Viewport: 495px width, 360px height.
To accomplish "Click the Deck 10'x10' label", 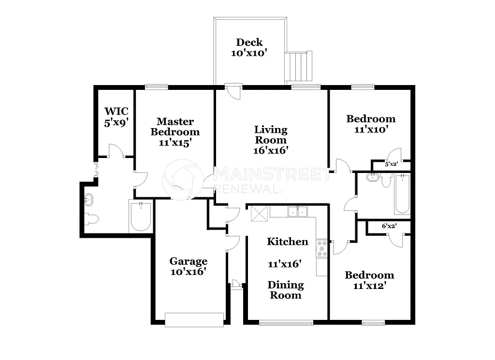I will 249,48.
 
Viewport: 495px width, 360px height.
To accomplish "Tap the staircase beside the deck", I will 298,66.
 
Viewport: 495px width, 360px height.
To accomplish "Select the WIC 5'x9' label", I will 116,117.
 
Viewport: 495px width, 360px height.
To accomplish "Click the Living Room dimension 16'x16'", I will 271,150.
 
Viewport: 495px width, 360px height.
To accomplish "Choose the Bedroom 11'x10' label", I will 371,124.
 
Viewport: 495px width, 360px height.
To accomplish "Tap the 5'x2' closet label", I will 391,164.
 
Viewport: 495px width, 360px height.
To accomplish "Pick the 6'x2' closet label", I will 389,226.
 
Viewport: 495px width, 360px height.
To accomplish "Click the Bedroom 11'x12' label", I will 369,280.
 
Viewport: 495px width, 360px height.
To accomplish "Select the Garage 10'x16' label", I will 189,266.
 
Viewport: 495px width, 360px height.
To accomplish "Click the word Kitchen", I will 288,242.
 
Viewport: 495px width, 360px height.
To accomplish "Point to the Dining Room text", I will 286,290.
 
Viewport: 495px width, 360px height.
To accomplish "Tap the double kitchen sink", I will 297,212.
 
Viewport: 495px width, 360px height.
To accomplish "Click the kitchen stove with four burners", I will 321,248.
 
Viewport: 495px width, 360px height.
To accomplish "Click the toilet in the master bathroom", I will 91,219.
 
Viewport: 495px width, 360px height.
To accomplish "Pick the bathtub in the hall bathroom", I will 402,194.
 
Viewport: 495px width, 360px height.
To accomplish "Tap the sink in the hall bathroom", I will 372,177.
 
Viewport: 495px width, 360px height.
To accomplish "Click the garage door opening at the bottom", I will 194,319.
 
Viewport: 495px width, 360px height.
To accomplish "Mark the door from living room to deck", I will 233,91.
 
